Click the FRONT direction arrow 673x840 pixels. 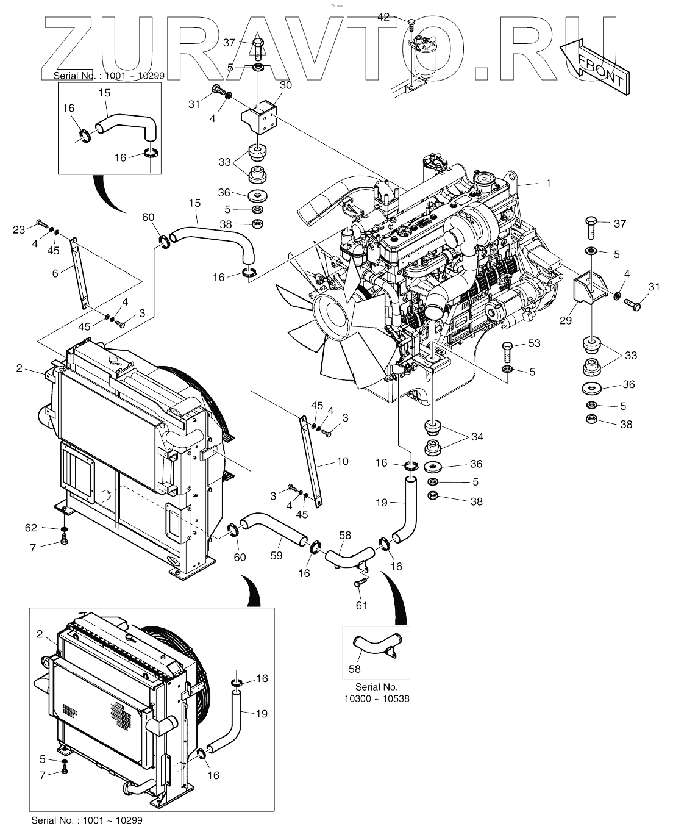point(595,66)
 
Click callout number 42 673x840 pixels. point(383,17)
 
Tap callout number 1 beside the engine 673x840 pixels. point(548,182)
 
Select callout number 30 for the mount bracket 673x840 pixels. point(286,85)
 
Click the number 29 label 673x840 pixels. point(566,320)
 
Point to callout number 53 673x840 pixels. point(534,343)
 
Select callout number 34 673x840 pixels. point(477,437)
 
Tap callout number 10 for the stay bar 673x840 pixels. point(342,461)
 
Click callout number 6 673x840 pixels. point(55,273)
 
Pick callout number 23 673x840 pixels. point(19,230)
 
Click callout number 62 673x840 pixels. point(31,528)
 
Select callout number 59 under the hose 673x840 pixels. point(276,555)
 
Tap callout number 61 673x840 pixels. point(361,605)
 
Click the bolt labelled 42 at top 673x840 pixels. point(410,25)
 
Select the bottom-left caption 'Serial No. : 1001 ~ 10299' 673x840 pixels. point(87,820)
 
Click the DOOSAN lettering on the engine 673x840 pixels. point(475,299)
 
